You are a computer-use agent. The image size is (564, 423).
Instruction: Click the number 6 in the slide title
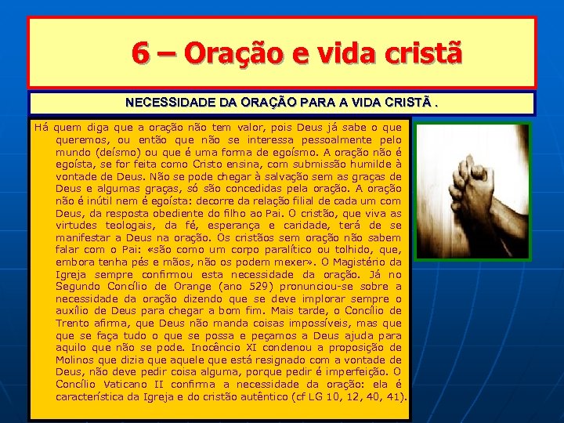tap(142, 53)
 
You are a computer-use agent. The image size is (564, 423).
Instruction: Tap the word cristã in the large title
tap(424, 53)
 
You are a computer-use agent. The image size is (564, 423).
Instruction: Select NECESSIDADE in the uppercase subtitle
tap(164, 103)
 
